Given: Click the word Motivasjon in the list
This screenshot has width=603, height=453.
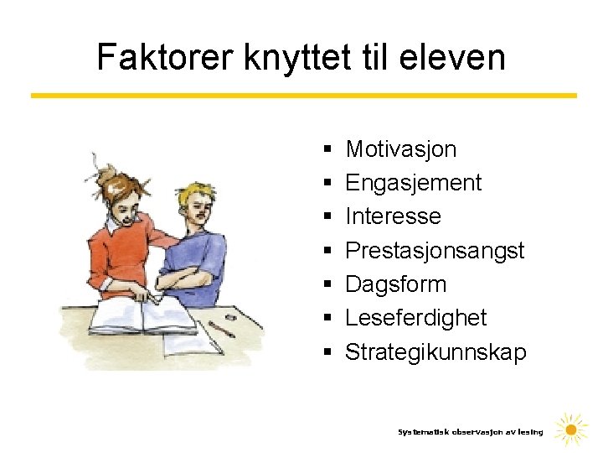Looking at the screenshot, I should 401,149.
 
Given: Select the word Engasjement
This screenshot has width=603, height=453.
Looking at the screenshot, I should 414,183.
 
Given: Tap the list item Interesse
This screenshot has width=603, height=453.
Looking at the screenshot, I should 393,216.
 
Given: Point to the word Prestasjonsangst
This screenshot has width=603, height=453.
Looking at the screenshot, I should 435,250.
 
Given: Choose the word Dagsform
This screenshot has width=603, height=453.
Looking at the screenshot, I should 396,284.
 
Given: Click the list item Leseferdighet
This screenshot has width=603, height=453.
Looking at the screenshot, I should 415,318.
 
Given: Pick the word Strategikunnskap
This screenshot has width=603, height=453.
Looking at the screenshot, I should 435,351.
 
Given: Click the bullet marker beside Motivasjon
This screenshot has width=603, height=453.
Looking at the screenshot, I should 325,150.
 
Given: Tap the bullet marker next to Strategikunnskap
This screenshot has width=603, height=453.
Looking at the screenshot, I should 325,352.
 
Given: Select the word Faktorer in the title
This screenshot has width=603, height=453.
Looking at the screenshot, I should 165,57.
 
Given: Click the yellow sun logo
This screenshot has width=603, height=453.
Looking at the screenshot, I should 571,430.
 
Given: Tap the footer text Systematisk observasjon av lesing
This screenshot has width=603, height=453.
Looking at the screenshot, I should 470,432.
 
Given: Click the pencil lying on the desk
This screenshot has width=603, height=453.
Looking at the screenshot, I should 221,328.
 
